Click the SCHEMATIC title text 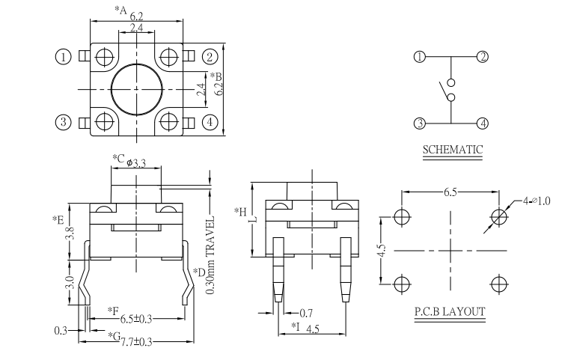(x=452, y=149)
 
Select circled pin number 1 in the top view (x=64, y=56)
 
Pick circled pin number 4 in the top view (x=210, y=121)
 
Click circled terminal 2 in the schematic (x=483, y=57)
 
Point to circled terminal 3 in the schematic (x=420, y=123)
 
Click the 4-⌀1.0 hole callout (x=537, y=200)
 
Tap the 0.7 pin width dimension (x=306, y=312)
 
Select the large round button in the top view (x=136, y=88)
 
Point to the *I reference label (x=296, y=327)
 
